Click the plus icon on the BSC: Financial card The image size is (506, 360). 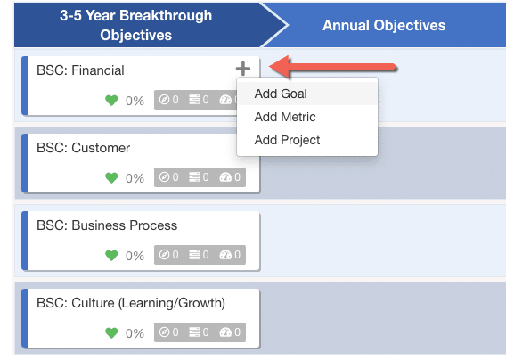(x=243, y=69)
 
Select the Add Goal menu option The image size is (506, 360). (x=281, y=94)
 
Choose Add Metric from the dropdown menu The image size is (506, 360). (x=285, y=117)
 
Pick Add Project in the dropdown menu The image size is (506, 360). (x=287, y=140)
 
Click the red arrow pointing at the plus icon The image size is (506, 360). (x=332, y=67)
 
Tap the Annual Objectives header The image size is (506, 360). (x=384, y=25)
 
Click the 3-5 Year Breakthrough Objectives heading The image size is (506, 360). (x=136, y=25)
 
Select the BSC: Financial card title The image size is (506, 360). (x=80, y=70)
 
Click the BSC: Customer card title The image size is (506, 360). (x=83, y=148)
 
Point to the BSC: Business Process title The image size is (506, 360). (x=107, y=225)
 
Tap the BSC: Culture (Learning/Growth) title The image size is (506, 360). (x=131, y=303)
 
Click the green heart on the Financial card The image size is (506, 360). (x=111, y=101)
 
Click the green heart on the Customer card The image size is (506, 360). (x=111, y=177)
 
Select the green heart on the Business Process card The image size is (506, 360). (x=111, y=256)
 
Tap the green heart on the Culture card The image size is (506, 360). (x=111, y=333)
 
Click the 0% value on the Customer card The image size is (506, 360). (x=135, y=178)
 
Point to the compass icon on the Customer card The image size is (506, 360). (x=164, y=177)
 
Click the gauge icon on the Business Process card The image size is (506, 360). (x=225, y=255)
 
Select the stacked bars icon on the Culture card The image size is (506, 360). (x=194, y=331)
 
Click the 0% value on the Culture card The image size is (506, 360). (x=135, y=333)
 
